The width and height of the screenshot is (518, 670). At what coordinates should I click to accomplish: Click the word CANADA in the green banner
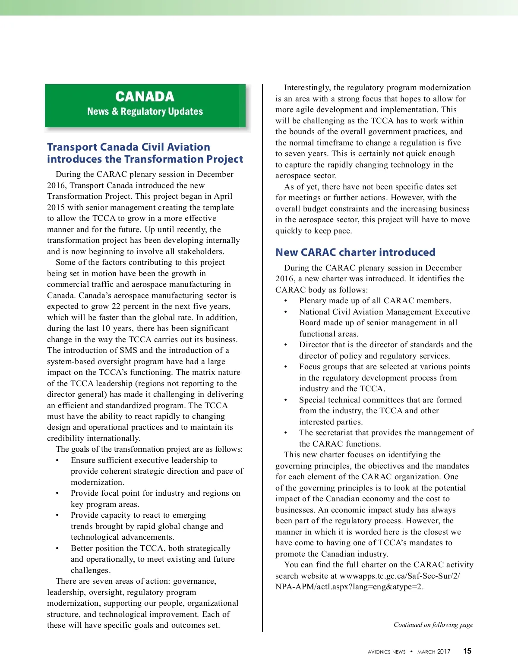click(x=145, y=97)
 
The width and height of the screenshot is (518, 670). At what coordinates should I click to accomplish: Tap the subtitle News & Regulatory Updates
click(x=145, y=112)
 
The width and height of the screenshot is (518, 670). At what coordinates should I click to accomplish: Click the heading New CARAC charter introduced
click(x=355, y=252)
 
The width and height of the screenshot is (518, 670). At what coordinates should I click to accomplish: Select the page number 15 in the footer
click(x=467, y=651)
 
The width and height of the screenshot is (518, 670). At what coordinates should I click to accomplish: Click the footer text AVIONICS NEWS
click(x=386, y=652)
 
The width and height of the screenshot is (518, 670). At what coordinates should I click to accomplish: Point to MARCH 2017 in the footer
click(x=433, y=652)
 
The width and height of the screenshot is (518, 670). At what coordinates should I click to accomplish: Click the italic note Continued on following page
click(x=433, y=625)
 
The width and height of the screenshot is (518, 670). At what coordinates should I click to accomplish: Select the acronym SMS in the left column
click(x=128, y=350)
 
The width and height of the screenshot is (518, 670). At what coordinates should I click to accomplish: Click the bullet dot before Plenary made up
click(x=285, y=301)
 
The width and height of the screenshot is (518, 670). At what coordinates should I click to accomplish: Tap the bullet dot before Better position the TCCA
click(x=57, y=549)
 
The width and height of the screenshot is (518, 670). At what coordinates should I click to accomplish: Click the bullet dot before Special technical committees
click(x=285, y=400)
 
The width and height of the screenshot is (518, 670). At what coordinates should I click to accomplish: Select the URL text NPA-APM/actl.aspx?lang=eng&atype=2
click(x=349, y=587)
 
